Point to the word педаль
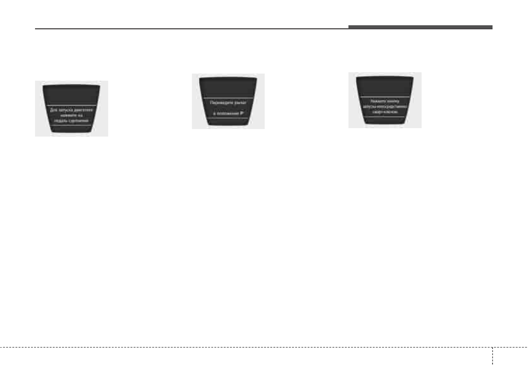pyautogui.click(x=64, y=120)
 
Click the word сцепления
pyautogui.click(x=81, y=120)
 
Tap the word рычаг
pyautogui.click(x=240, y=102)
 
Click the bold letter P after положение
pyautogui.click(x=242, y=113)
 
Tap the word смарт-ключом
pyautogui.click(x=385, y=112)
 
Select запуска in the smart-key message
pyautogui.click(x=370, y=106)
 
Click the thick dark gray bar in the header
pyautogui.click(x=420, y=27)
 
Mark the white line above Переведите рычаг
pyautogui.click(x=228, y=96)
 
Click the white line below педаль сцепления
pyautogui.click(x=71, y=125)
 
